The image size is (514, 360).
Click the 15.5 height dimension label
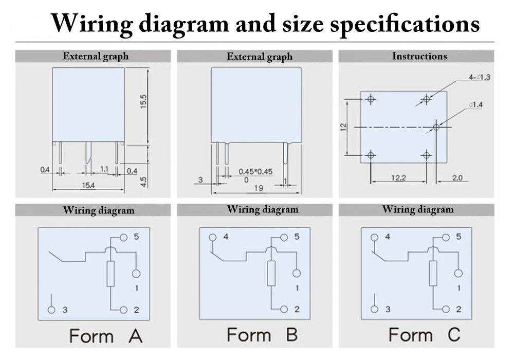click(x=144, y=100)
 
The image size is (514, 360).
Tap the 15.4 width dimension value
click(x=88, y=185)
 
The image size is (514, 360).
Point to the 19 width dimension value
click(x=259, y=188)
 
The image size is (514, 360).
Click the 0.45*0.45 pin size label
click(x=255, y=171)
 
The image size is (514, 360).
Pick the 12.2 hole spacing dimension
click(x=398, y=177)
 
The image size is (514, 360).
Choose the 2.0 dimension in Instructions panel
click(x=457, y=177)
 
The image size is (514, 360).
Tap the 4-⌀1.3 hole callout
click(x=480, y=77)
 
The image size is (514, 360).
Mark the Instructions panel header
click(x=419, y=56)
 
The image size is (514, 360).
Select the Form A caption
click(x=105, y=336)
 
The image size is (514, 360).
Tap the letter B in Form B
click(x=291, y=335)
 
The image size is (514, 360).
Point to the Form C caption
click(x=424, y=335)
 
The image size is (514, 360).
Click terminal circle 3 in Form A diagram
click(x=51, y=310)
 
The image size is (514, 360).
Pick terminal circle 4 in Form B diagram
click(x=213, y=237)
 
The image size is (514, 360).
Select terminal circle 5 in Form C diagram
click(x=445, y=237)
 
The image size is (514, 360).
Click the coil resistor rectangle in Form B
click(x=271, y=273)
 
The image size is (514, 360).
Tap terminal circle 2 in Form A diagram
click(x=123, y=310)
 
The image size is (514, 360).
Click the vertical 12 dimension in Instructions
click(x=343, y=127)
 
